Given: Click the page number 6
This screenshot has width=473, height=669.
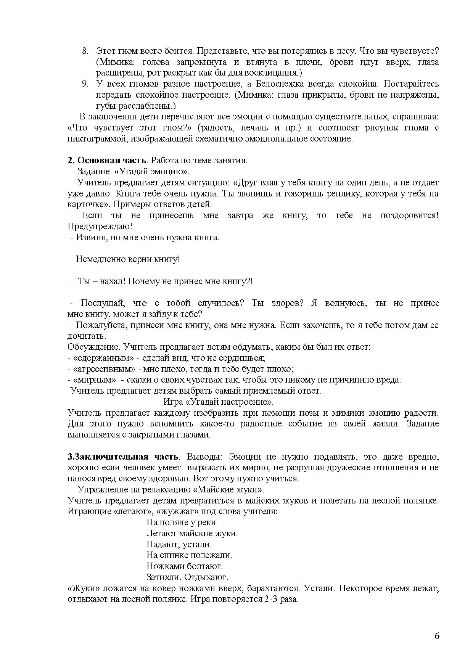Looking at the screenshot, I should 437,636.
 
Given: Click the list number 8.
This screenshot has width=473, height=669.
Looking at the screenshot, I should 85,51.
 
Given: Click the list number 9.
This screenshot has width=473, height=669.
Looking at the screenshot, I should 85,84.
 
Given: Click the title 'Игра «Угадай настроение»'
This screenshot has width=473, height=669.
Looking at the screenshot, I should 218,402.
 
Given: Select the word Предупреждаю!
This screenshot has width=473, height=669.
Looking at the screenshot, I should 100,226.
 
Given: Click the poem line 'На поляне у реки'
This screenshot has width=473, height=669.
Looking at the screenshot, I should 181,523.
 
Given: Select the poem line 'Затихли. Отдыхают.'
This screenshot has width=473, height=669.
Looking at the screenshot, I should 187,577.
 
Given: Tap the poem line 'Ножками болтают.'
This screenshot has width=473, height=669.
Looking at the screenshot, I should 184,566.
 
